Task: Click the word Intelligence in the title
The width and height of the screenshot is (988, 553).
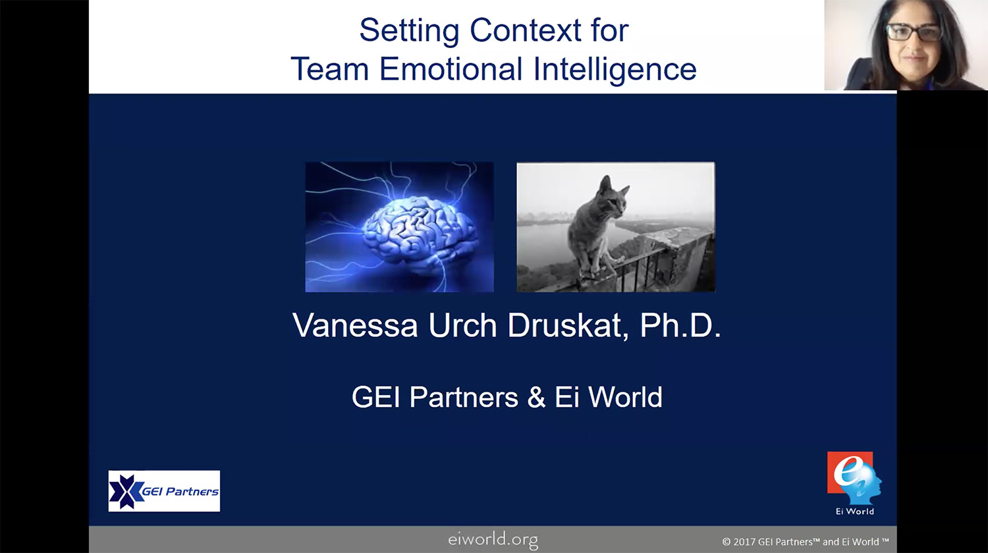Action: [x=615, y=70]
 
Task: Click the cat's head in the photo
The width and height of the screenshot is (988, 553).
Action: [x=612, y=195]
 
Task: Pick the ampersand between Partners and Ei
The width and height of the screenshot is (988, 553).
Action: [x=536, y=397]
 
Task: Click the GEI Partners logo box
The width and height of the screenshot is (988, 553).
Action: [x=164, y=491]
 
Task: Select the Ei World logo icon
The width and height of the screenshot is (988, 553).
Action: [x=854, y=478]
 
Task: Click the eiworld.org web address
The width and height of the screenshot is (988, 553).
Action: [x=493, y=540]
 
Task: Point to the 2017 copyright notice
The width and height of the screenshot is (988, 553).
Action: [x=806, y=542]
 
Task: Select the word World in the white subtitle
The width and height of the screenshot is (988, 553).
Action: [x=626, y=397]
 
